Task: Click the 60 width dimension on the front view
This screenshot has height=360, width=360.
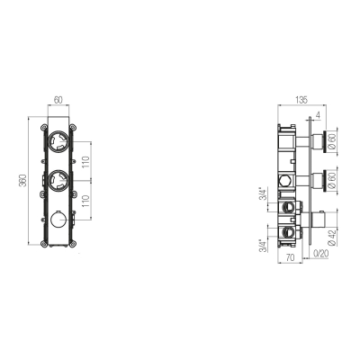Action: pos(58,100)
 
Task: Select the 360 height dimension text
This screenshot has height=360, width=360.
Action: pos(23,180)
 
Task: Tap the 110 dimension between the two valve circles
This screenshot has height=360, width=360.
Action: pos(85,162)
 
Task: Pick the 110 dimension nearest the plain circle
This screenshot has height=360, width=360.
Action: pos(85,202)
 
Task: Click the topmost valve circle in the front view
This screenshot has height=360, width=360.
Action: pos(58,141)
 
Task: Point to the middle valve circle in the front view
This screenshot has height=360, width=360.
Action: pos(58,180)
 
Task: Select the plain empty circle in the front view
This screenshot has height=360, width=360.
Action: pos(58,220)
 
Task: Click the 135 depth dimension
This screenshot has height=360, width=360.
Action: pos(301,100)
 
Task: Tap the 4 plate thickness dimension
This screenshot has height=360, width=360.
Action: pos(318,115)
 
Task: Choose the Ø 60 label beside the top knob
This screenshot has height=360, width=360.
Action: pos(332,141)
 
